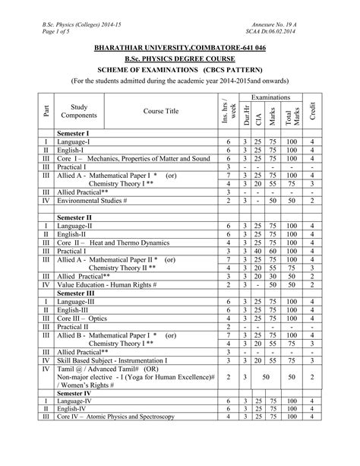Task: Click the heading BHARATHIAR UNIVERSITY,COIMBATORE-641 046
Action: pos(180,48)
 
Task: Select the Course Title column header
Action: pos(161,111)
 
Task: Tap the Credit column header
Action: pos(311,111)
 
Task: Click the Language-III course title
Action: pos(77,302)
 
